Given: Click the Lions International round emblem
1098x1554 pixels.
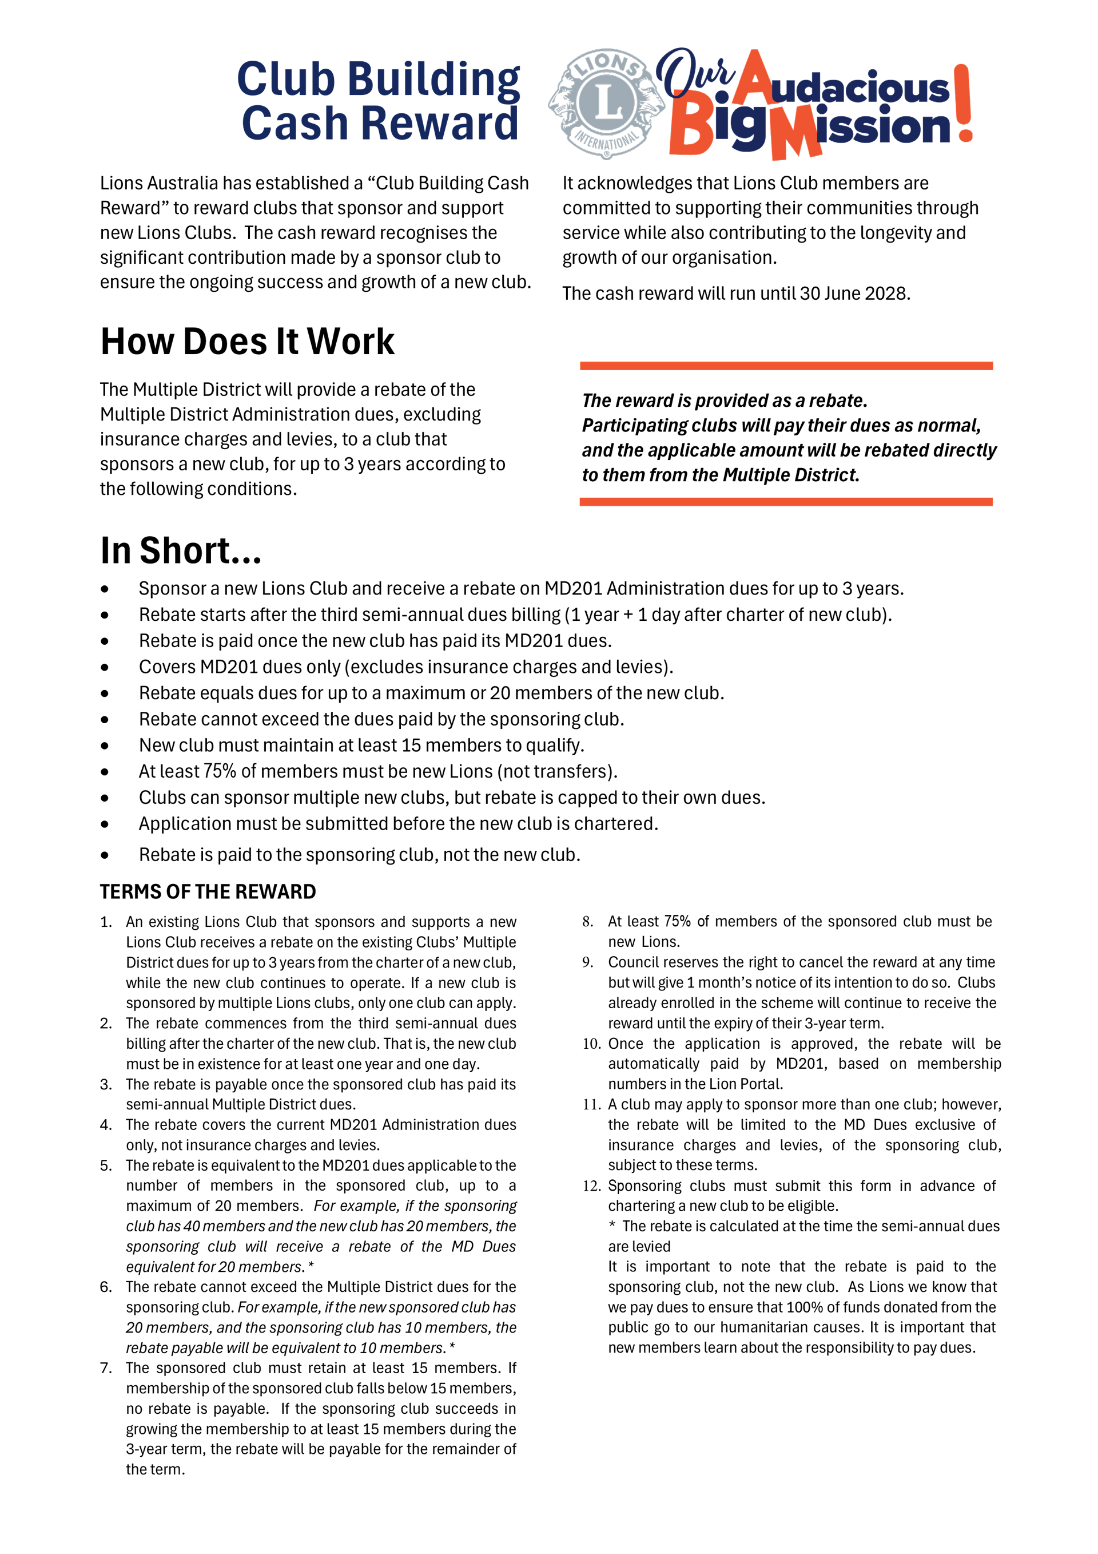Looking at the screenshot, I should [607, 104].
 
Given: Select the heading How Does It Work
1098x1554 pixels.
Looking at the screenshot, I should [247, 341].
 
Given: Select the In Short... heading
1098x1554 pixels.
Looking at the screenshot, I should [181, 550].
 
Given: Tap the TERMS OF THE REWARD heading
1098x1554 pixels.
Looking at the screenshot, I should [208, 891].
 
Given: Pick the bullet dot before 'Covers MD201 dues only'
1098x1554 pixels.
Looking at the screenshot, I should [104, 667].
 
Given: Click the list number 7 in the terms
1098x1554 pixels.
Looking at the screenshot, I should [106, 1368].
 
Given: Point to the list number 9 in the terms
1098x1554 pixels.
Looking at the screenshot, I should [587, 962].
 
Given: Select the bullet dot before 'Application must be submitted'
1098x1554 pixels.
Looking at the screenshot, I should [104, 824].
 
